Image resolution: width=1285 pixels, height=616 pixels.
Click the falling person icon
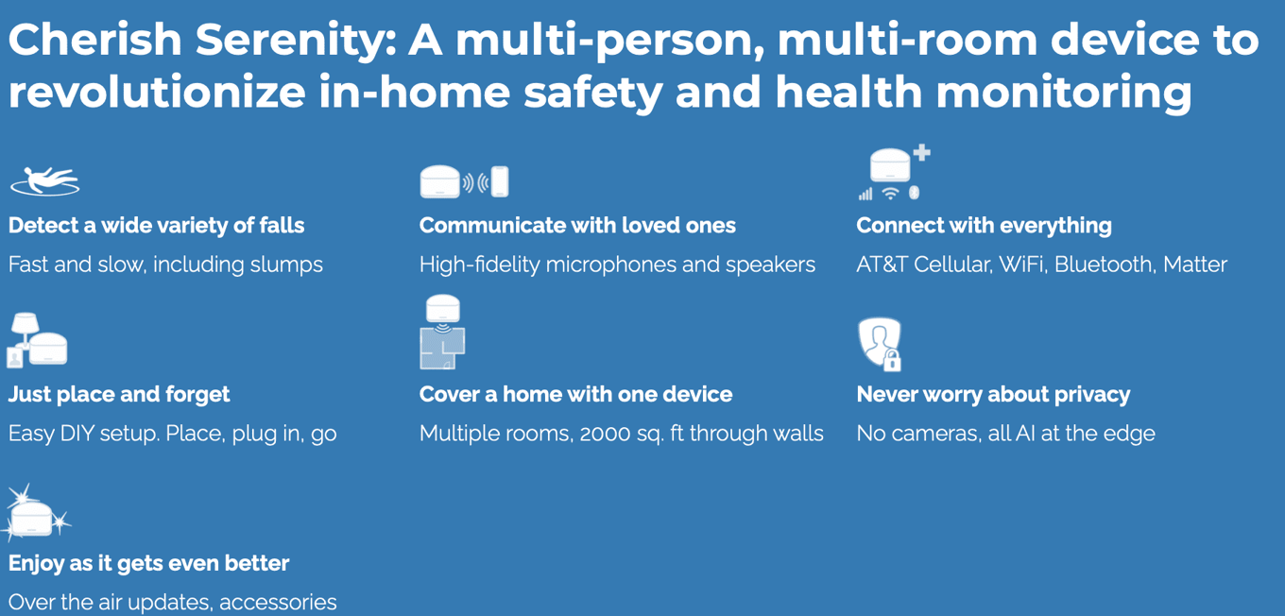[x=44, y=180]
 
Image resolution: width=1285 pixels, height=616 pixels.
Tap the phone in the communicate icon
[x=500, y=181]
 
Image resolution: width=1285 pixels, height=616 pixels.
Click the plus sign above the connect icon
[x=921, y=152]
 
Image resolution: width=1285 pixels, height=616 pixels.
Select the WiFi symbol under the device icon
[x=890, y=194]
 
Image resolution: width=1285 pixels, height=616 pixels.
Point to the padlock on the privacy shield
[x=892, y=361]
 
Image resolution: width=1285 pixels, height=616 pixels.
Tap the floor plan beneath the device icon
[x=442, y=348]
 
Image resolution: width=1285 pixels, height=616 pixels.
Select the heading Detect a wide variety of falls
[x=156, y=226]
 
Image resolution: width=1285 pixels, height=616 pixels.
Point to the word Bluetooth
[x=1104, y=265]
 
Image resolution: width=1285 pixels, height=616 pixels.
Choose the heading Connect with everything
[x=984, y=226]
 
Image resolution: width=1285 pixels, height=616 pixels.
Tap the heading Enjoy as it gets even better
[x=148, y=563]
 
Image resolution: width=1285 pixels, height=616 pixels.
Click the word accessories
[x=278, y=603]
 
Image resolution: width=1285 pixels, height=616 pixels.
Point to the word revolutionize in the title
[x=157, y=93]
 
